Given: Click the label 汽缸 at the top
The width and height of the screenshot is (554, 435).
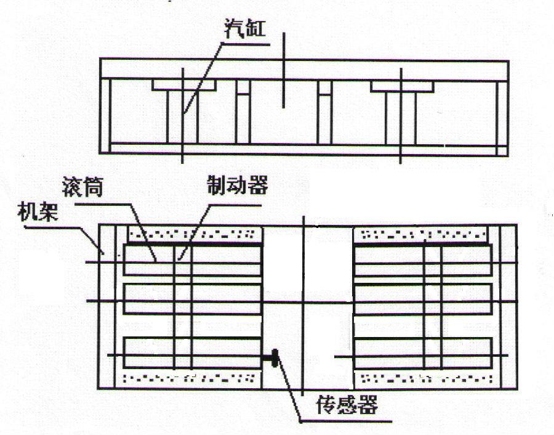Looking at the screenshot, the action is (244, 28).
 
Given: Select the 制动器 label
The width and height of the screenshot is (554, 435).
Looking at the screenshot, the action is (238, 184).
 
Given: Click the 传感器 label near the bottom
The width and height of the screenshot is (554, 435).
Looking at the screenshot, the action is (347, 404).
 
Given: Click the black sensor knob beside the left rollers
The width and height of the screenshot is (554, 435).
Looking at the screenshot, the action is (275, 358).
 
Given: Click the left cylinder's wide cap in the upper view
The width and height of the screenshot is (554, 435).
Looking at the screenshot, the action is (183, 85).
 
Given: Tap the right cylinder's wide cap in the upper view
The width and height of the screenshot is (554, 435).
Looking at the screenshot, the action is (402, 87).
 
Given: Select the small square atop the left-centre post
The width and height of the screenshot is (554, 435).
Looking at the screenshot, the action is (243, 87).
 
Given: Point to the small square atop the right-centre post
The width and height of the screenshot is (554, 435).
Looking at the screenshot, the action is (324, 88).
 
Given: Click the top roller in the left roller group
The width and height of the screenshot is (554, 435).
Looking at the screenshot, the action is (193, 260).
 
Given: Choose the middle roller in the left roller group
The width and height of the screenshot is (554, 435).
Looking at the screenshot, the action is (193, 299).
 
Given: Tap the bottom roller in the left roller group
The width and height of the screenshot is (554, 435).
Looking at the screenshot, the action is (193, 352).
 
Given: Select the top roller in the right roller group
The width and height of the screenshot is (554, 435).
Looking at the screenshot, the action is (424, 260).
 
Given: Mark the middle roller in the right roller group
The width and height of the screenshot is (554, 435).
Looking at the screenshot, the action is (424, 299).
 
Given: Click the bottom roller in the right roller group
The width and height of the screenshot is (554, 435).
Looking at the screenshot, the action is (424, 352).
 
